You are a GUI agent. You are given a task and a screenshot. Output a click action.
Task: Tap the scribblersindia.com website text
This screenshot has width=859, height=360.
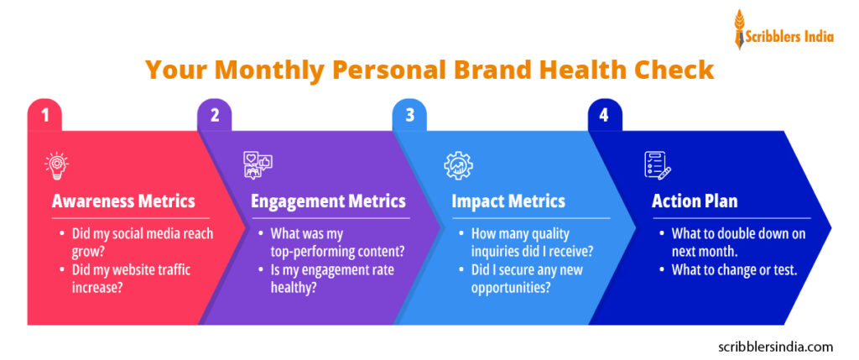click(x=776, y=346)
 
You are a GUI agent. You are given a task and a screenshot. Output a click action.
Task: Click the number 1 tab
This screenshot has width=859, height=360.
click(x=44, y=116)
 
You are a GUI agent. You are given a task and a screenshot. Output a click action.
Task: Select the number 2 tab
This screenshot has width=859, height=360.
click(x=215, y=116)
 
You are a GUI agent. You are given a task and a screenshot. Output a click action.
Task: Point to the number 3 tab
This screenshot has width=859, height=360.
click(x=409, y=116)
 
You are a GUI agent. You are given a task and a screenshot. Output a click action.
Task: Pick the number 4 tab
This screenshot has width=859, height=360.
click(x=604, y=116)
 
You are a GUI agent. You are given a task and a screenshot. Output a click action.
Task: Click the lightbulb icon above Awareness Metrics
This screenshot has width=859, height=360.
click(x=57, y=165)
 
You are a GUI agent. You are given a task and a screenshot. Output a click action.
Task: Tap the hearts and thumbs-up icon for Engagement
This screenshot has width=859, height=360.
click(x=258, y=165)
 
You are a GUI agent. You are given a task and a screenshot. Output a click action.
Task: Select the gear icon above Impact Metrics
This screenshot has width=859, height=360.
click(x=458, y=165)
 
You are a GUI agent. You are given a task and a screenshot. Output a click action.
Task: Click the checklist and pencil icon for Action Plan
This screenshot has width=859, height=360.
click(x=658, y=165)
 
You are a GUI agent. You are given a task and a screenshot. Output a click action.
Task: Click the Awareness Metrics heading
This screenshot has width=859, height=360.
click(x=123, y=201)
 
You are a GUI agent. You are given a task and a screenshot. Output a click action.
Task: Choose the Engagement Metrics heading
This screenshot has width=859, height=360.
click(x=328, y=201)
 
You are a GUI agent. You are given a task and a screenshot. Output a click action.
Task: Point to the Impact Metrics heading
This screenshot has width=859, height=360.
click(x=508, y=201)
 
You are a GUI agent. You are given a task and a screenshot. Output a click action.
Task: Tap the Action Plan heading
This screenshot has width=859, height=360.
click(x=695, y=201)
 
